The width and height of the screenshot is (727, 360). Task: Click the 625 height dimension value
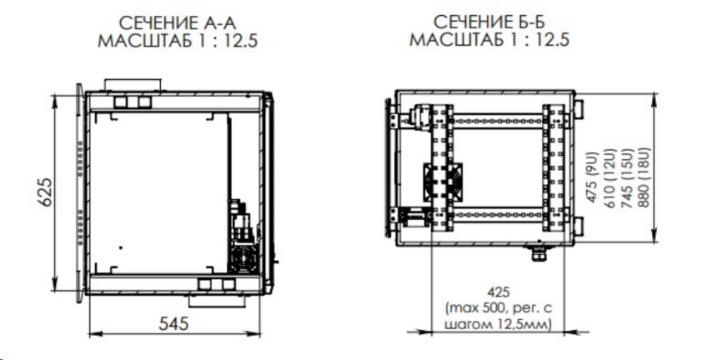click(x=45, y=192)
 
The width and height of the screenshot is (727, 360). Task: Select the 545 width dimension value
click(x=174, y=324)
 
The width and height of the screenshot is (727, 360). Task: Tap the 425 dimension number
click(x=499, y=292)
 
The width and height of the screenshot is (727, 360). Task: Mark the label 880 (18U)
click(x=643, y=175)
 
